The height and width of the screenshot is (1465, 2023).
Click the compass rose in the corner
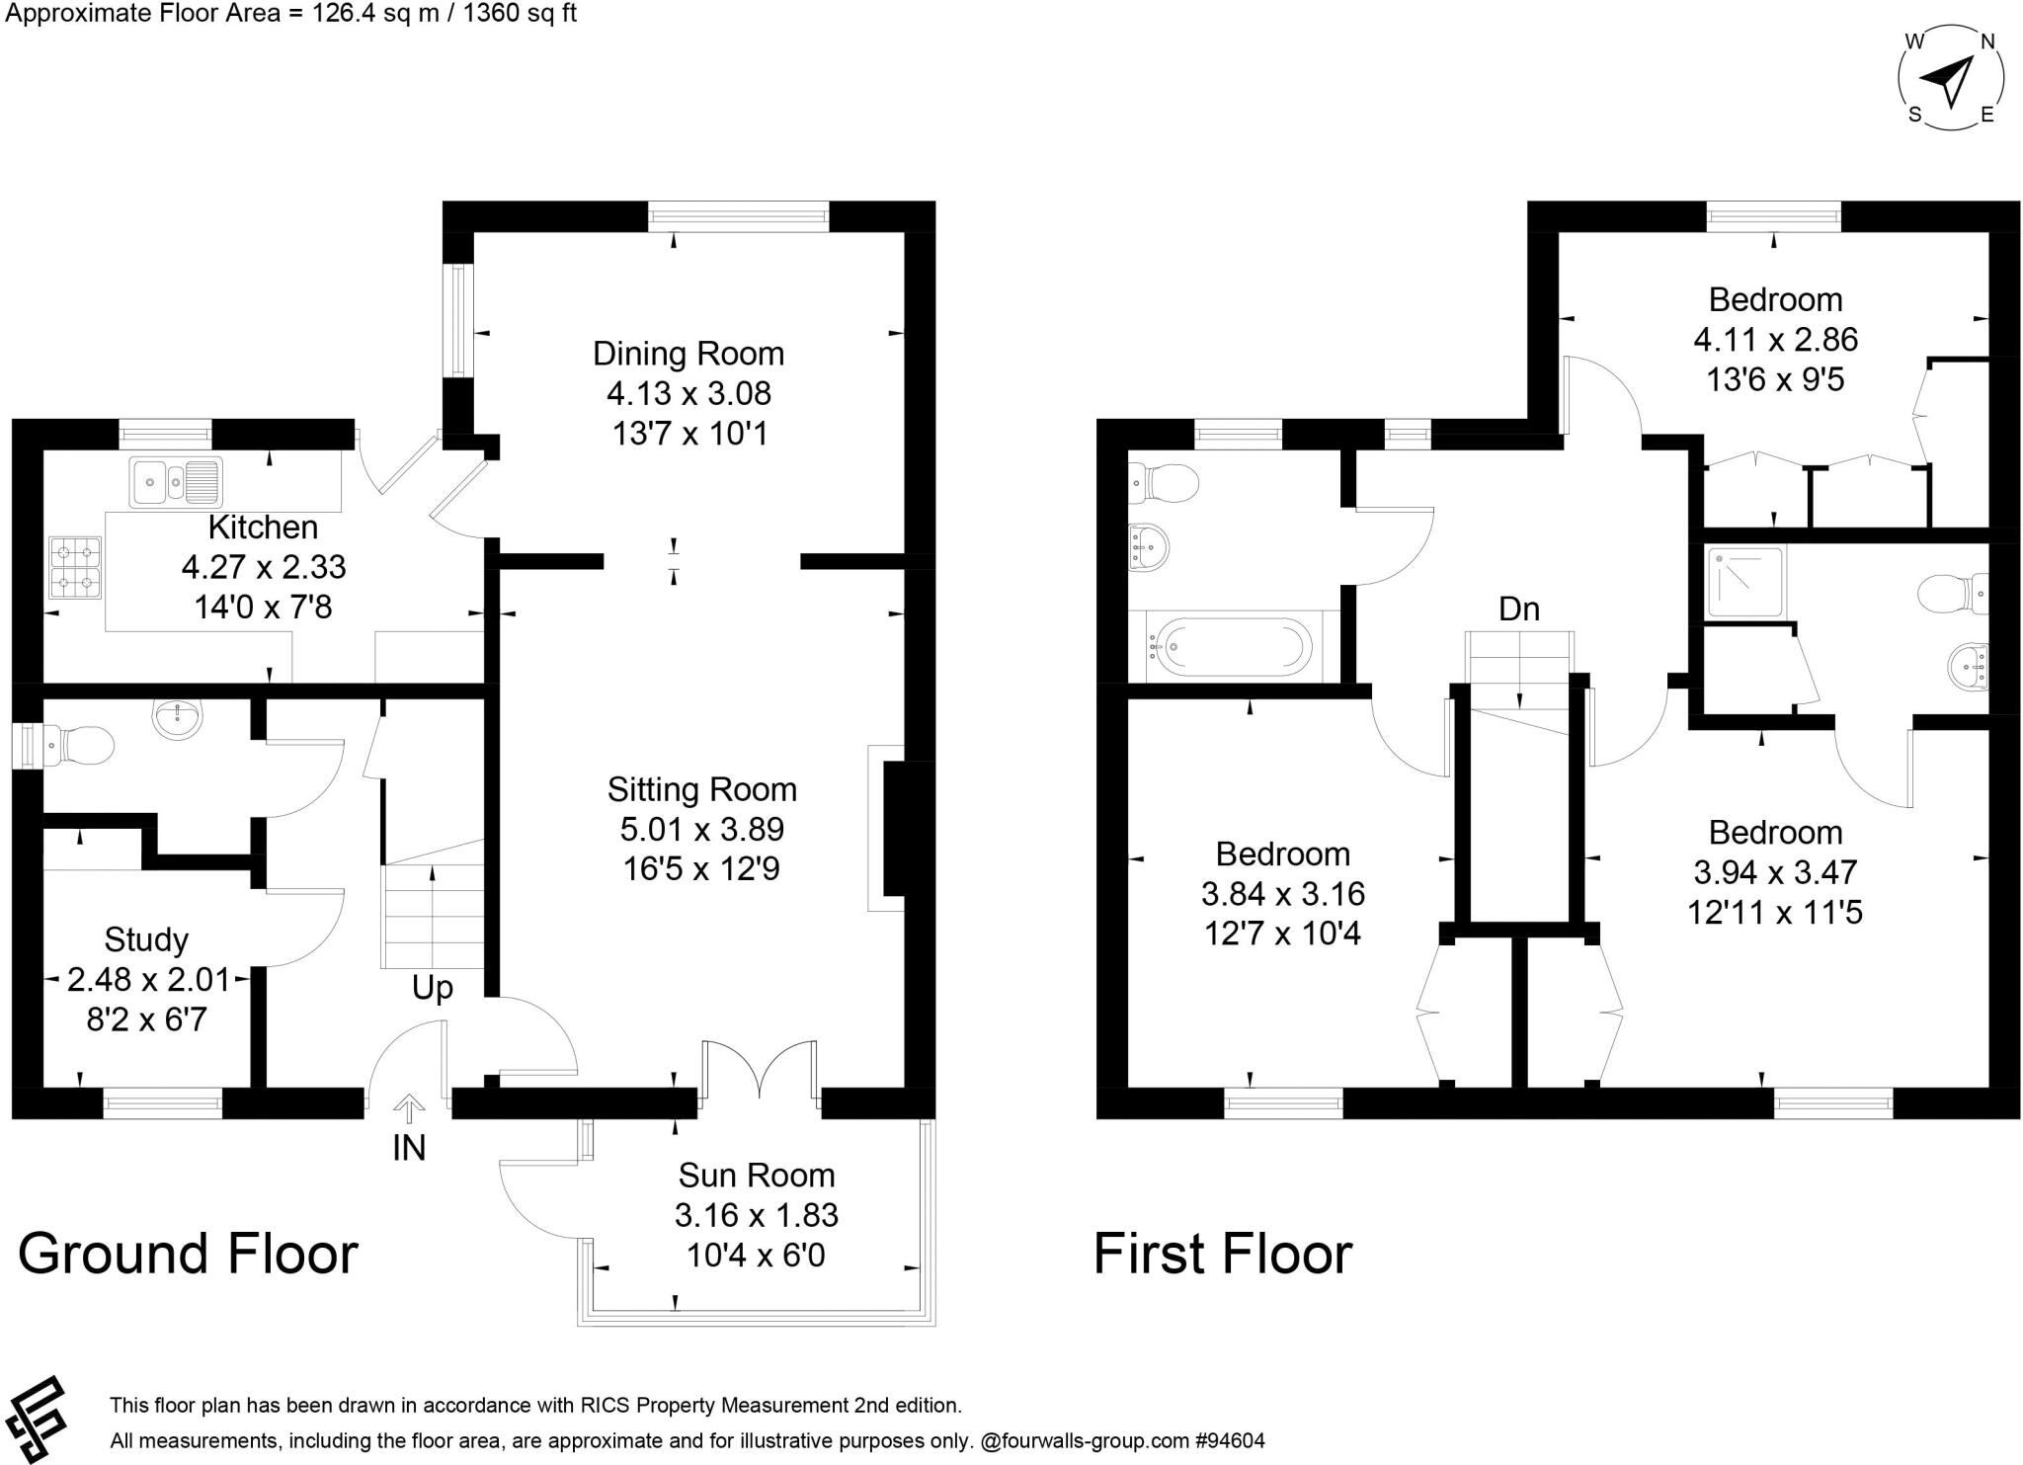1951,79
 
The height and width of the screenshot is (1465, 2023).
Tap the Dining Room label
688,354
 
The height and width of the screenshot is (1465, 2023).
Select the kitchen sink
176,481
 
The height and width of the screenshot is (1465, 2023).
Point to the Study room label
146,939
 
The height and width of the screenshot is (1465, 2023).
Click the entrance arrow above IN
409,1107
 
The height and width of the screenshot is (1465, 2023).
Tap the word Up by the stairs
433,988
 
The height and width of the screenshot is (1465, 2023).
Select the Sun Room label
757,1175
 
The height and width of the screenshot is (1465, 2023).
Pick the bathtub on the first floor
1229,647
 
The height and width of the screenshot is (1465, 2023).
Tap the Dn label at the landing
1519,609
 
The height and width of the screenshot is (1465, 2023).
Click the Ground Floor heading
188,1254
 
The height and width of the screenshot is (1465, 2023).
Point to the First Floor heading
1223,1254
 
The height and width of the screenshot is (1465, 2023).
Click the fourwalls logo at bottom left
34,1419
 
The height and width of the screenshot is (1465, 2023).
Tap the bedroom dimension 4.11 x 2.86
1776,340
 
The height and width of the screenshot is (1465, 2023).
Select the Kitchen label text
263,527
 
